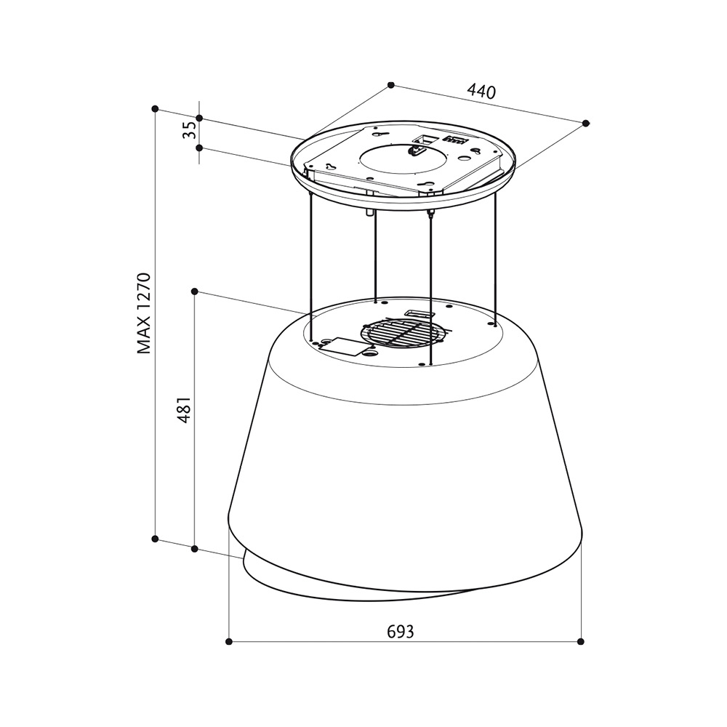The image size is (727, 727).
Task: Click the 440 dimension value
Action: point(481,92)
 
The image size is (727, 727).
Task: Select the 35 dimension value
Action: point(189,130)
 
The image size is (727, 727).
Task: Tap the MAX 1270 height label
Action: point(145,314)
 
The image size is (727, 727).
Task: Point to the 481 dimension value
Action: point(185,409)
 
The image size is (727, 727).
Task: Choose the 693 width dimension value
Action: point(400,631)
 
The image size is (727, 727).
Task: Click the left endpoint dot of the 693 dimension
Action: point(228,642)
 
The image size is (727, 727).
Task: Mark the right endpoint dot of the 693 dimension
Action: point(581,642)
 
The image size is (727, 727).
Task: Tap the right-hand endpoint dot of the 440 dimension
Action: point(585,123)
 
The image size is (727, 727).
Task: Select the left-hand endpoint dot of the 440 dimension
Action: point(391,85)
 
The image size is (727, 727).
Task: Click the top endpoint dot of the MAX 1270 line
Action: point(156,109)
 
